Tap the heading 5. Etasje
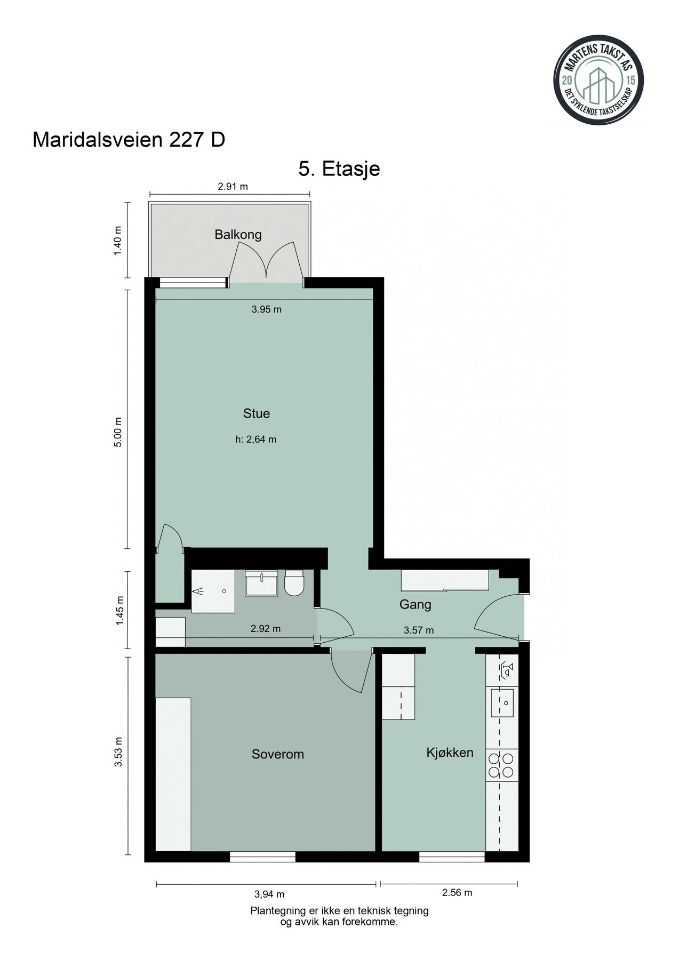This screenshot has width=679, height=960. coord(339,169)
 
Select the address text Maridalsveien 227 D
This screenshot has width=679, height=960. coord(129,140)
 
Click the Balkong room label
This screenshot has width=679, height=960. coord(238,235)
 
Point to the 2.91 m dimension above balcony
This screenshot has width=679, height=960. coord(233,187)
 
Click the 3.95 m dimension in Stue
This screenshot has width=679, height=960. coord(266,309)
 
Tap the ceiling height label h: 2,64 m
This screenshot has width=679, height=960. coord(256,440)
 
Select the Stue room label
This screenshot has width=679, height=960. coord(257,413)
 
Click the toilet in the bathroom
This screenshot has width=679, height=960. coord(294,583)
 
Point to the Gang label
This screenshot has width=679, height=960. coord(415,605)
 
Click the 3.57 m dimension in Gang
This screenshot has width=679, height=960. coord(419,630)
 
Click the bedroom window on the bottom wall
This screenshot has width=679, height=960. coord(262,857)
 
